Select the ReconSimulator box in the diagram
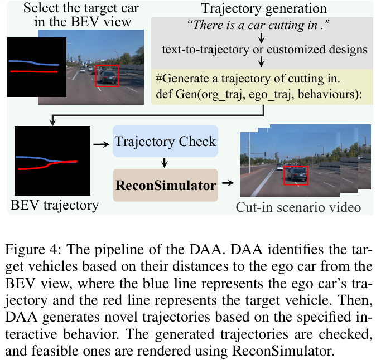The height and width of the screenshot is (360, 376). (165, 184)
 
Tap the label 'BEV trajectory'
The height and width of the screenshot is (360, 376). (55, 205)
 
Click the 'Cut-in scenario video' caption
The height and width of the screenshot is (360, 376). (298, 208)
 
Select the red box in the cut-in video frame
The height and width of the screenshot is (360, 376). (295, 175)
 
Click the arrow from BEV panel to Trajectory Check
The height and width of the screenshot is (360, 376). (101, 144)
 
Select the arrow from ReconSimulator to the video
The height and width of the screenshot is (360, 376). (227, 182)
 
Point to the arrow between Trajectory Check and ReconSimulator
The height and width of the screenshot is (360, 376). (165, 163)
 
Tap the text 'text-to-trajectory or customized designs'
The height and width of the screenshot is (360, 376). (264, 49)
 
